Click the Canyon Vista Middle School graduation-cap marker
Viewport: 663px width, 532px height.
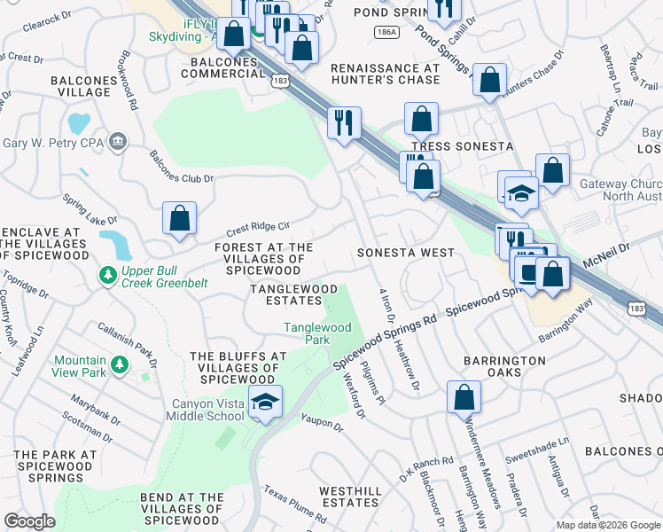pos(265,403)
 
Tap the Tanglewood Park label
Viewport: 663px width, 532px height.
pos(317,333)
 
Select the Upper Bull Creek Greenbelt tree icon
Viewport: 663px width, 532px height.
pos(107,276)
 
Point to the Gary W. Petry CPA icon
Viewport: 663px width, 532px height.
pos(117,142)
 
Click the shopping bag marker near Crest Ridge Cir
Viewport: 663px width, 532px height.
pos(179,220)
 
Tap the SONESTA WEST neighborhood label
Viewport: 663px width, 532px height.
pos(405,253)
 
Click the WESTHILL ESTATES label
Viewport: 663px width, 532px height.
pos(350,497)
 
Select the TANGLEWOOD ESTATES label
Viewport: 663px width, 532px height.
pos(293,295)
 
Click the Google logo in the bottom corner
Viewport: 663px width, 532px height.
pos(29,521)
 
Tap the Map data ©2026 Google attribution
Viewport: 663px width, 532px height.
pos(608,525)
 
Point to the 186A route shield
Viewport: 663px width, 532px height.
pos(386,32)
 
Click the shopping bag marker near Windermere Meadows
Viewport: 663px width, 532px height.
pos(464,398)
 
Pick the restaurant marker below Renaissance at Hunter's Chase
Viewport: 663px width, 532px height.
pos(343,121)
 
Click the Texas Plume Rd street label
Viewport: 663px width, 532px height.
pos(295,502)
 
